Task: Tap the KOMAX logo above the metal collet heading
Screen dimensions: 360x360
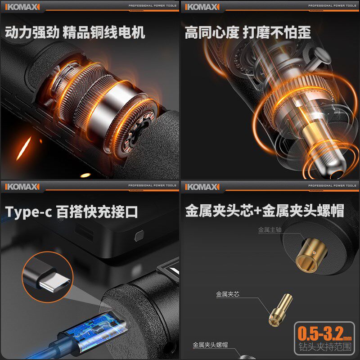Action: click(x=202, y=186)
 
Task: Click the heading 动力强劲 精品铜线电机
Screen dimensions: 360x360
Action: click(x=75, y=33)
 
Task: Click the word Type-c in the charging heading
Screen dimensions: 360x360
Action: click(x=28, y=212)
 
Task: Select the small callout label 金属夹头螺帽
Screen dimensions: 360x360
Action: click(x=210, y=345)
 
